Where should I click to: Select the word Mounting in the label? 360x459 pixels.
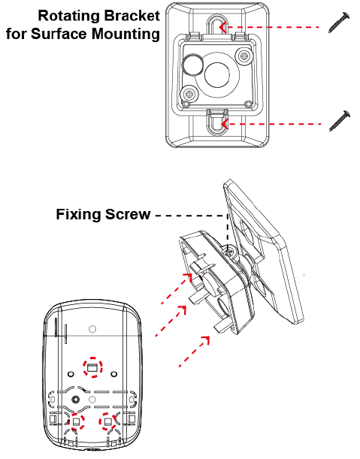pyautogui.click(x=126, y=34)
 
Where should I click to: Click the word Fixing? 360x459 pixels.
pyautogui.click(x=78, y=215)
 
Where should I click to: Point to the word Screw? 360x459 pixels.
pyautogui.click(x=128, y=215)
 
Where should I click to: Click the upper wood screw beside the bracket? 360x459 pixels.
pyautogui.click(x=339, y=23)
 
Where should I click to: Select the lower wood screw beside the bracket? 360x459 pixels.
pyautogui.click(x=340, y=121)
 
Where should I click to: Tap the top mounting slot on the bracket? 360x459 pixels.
pyautogui.click(x=217, y=25)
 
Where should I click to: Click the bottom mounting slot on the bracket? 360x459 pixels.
pyautogui.click(x=217, y=122)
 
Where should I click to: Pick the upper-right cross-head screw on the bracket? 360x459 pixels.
pyautogui.click(x=244, y=56)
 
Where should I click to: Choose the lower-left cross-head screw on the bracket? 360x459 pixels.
pyautogui.click(x=189, y=94)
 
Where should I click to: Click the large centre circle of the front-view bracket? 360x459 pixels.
pyautogui.click(x=217, y=74)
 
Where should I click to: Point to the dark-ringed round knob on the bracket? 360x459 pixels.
pyautogui.click(x=193, y=64)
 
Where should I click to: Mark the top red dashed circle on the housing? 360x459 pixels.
pyautogui.click(x=92, y=367)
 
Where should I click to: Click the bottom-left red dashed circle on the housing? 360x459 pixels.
pyautogui.click(x=76, y=422)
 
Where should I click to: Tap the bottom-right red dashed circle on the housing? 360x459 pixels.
pyautogui.click(x=107, y=421)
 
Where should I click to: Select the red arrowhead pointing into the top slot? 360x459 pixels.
pyautogui.click(x=223, y=27)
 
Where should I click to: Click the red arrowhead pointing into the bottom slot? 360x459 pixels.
pyautogui.click(x=225, y=124)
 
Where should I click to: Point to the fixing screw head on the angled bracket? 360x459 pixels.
pyautogui.click(x=228, y=251)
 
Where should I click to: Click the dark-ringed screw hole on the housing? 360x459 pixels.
pyautogui.click(x=76, y=399)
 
